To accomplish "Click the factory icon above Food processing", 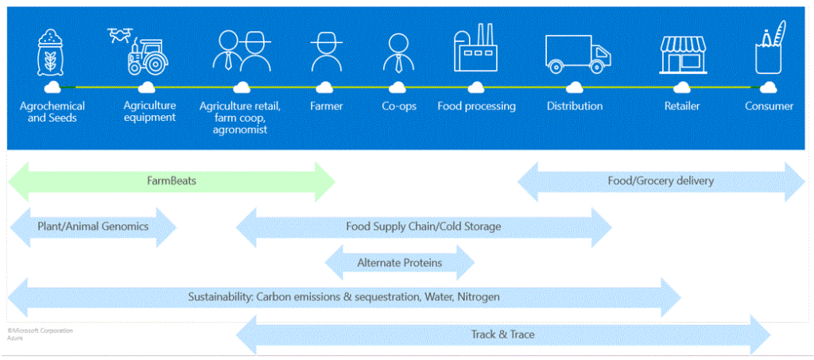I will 475,50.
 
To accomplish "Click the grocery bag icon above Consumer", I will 769,49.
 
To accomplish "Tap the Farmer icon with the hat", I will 325,52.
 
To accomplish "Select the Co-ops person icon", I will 397,53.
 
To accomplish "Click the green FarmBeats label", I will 171,181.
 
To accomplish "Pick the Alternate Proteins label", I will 400,262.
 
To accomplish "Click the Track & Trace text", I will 502,335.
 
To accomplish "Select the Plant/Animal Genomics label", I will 93,226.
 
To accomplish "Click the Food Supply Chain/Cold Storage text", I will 423,226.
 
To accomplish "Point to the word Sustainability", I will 218,297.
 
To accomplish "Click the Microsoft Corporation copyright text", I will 40,330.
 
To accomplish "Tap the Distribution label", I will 575,106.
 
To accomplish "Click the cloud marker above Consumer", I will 768,87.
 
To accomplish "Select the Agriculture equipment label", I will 149,111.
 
